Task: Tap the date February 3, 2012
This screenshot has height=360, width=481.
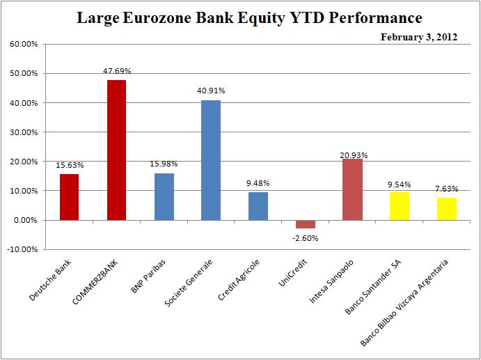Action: [418, 37]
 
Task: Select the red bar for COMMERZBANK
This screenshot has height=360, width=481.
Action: [116, 150]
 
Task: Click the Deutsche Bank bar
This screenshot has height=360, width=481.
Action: [69, 197]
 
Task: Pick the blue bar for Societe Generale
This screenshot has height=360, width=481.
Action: [211, 160]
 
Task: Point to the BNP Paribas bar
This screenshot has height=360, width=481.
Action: [164, 196]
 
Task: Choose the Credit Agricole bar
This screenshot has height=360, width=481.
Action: [258, 206]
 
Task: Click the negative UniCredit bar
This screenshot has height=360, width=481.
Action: [305, 224]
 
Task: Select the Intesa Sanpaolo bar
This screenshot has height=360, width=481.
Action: [352, 189]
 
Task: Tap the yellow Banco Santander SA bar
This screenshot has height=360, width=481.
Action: [400, 206]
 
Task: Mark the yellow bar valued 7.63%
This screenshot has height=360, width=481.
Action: [446, 209]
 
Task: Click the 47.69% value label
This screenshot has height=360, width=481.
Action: [116, 71]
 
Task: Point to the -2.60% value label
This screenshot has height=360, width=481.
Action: [306, 237]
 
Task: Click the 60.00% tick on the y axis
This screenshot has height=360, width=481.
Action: [24, 44]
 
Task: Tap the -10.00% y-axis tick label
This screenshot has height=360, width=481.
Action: [24, 249]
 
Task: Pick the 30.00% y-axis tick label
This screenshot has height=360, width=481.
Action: [24, 132]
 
